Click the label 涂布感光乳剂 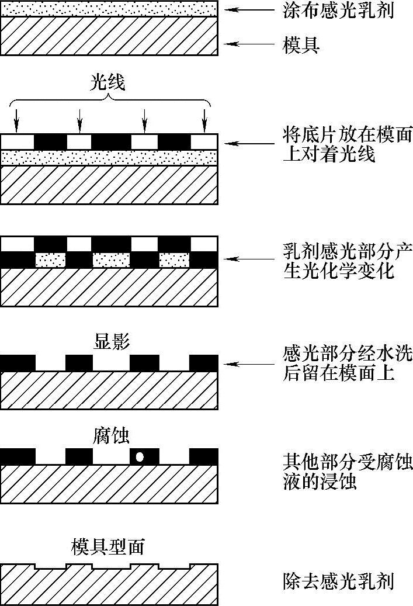tap(338, 11)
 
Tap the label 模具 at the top tap(301, 45)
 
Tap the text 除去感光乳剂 tap(338, 581)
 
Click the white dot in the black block tap(140, 457)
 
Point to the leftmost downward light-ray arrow tap(16, 120)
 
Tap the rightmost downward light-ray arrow tap(204, 120)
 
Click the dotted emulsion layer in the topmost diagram tap(109, 8)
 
